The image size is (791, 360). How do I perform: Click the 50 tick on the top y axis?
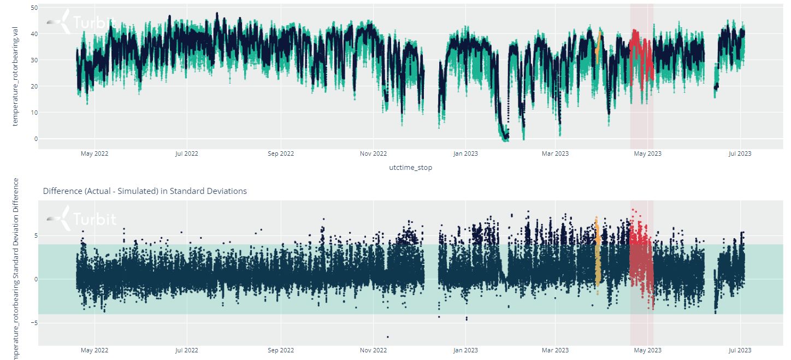pyautogui.click(x=34, y=8)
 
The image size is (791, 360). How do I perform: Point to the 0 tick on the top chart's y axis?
pyautogui.click(x=36, y=139)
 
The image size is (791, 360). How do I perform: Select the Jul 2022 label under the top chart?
pyautogui.click(x=187, y=154)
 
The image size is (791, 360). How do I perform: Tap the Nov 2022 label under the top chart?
pyautogui.click(x=373, y=154)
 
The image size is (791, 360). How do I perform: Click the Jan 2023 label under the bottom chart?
pyautogui.click(x=465, y=350)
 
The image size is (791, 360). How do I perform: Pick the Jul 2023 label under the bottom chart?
pyautogui.click(x=740, y=350)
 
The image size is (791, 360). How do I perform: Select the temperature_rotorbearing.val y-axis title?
pyautogui.click(x=16, y=79)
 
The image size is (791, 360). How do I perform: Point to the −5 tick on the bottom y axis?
pyautogui.click(x=34, y=323)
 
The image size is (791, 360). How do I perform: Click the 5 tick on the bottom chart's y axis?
pyautogui.click(x=36, y=235)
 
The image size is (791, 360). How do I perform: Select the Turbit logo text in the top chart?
pyautogui.click(x=94, y=23)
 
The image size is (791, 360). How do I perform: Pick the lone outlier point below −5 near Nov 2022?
pyautogui.click(x=388, y=337)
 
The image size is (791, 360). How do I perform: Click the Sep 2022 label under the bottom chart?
pyautogui.click(x=280, y=350)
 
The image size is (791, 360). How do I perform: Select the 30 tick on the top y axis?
pyautogui.click(x=34, y=60)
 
